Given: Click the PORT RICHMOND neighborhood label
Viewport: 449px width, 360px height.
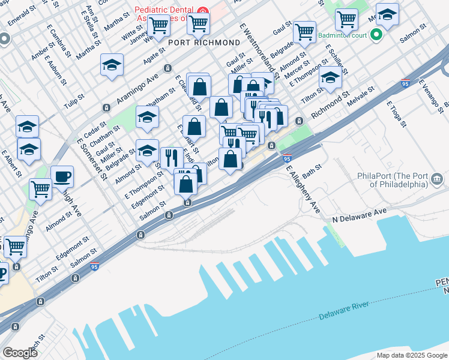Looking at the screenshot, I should click(x=204, y=43).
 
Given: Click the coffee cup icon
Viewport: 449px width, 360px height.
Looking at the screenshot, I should click(x=62, y=176).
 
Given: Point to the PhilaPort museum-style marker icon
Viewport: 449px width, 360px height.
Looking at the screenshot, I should click(x=437, y=178).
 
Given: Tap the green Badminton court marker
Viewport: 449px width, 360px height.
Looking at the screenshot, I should click(x=376, y=35).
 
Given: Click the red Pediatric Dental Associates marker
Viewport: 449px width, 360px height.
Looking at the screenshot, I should click(x=202, y=11).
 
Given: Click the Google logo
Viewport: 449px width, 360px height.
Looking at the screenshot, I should click(x=20, y=352).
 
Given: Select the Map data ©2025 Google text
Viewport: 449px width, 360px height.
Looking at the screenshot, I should click(x=411, y=355).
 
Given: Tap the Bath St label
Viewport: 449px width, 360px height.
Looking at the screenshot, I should click(x=312, y=172).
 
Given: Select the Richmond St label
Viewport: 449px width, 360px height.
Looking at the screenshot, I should click(x=330, y=103).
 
